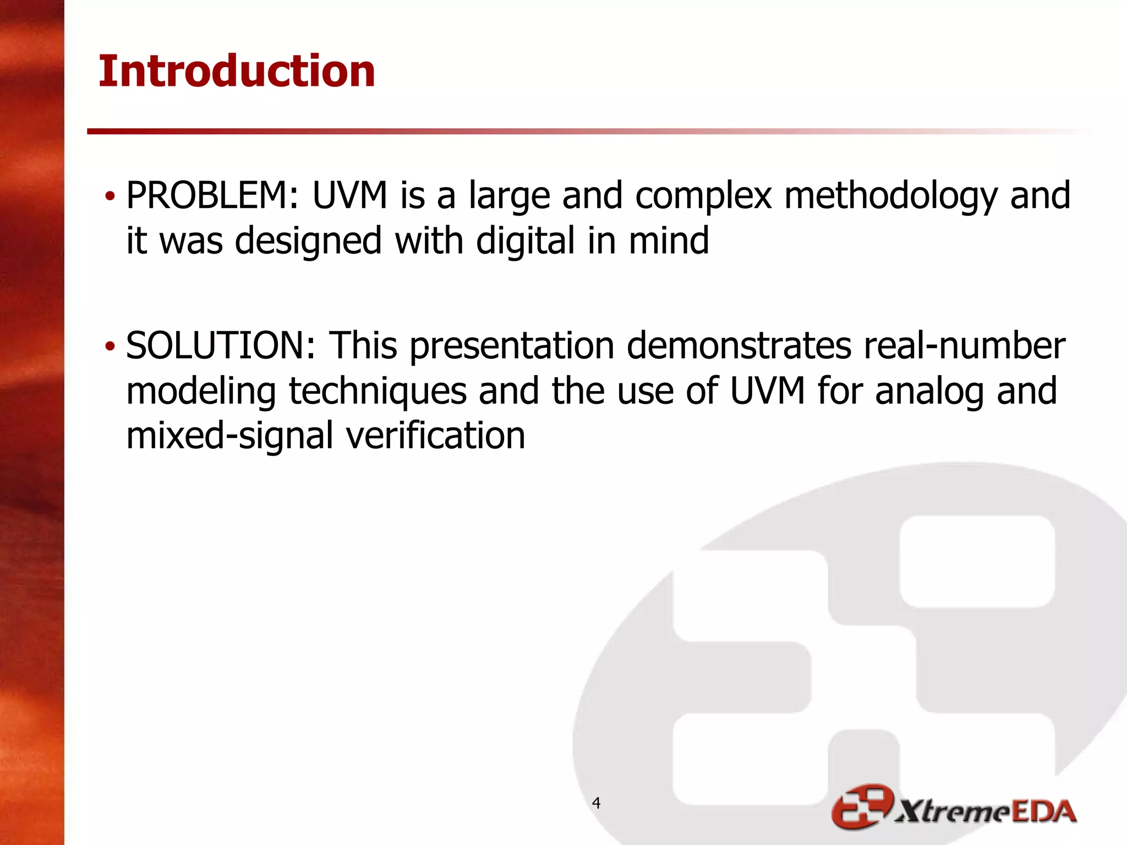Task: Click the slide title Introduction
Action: click(237, 72)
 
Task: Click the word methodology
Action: click(890, 197)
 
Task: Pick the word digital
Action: click(525, 241)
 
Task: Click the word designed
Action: click(308, 242)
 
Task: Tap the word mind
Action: click(669, 241)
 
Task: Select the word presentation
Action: click(512, 347)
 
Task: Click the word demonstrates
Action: click(738, 346)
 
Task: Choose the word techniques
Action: click(378, 392)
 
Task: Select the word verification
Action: click(435, 436)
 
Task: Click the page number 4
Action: click(596, 803)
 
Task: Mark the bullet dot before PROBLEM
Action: click(111, 196)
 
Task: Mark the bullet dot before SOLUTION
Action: click(111, 347)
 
